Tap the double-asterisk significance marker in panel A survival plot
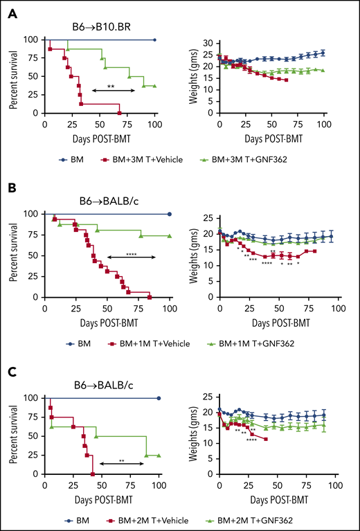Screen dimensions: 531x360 111,86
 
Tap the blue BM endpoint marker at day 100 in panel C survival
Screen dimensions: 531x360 159,398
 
